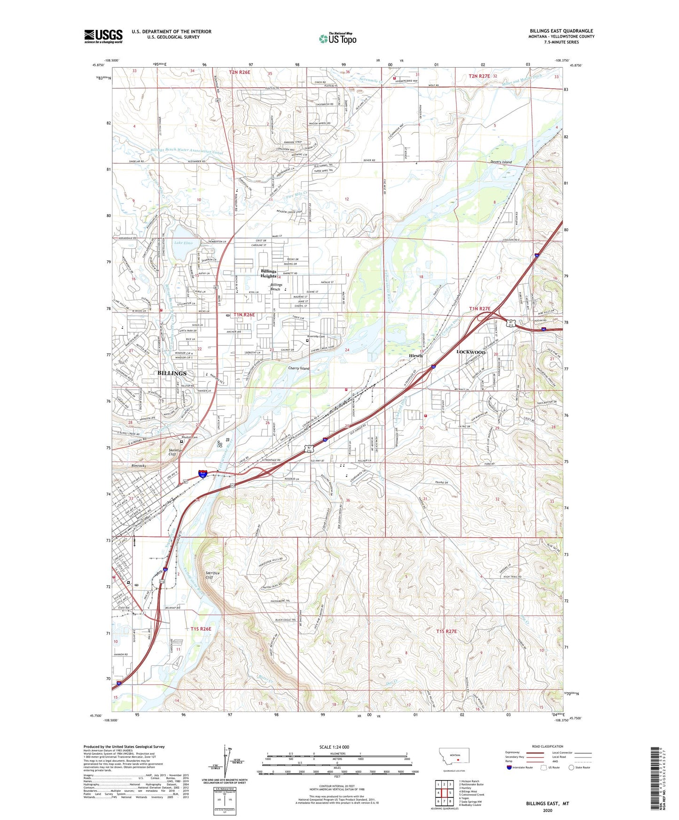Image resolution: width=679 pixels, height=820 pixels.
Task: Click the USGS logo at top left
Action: click(x=103, y=36)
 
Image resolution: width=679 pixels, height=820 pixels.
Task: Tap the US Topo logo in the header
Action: click(x=337, y=39)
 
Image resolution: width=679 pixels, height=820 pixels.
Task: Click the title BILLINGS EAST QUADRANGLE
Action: click(x=561, y=31)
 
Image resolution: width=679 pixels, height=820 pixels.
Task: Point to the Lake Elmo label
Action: click(x=183, y=243)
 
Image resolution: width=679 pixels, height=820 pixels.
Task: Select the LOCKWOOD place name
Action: click(x=471, y=352)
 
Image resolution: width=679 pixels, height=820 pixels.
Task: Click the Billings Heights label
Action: click(x=269, y=274)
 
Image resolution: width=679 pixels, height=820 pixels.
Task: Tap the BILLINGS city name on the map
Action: click(x=172, y=373)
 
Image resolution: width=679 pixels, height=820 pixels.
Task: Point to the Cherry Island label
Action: click(x=298, y=369)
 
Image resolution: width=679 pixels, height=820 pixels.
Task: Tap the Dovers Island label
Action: click(x=501, y=162)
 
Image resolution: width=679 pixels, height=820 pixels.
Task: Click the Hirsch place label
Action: click(x=415, y=356)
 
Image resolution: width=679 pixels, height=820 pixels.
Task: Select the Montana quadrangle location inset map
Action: click(x=454, y=758)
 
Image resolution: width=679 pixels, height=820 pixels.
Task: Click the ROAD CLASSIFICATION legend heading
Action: click(x=547, y=746)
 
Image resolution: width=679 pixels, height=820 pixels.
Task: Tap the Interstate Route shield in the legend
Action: click(x=509, y=767)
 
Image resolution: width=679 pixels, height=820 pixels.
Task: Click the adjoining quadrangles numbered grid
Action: click(x=444, y=794)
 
